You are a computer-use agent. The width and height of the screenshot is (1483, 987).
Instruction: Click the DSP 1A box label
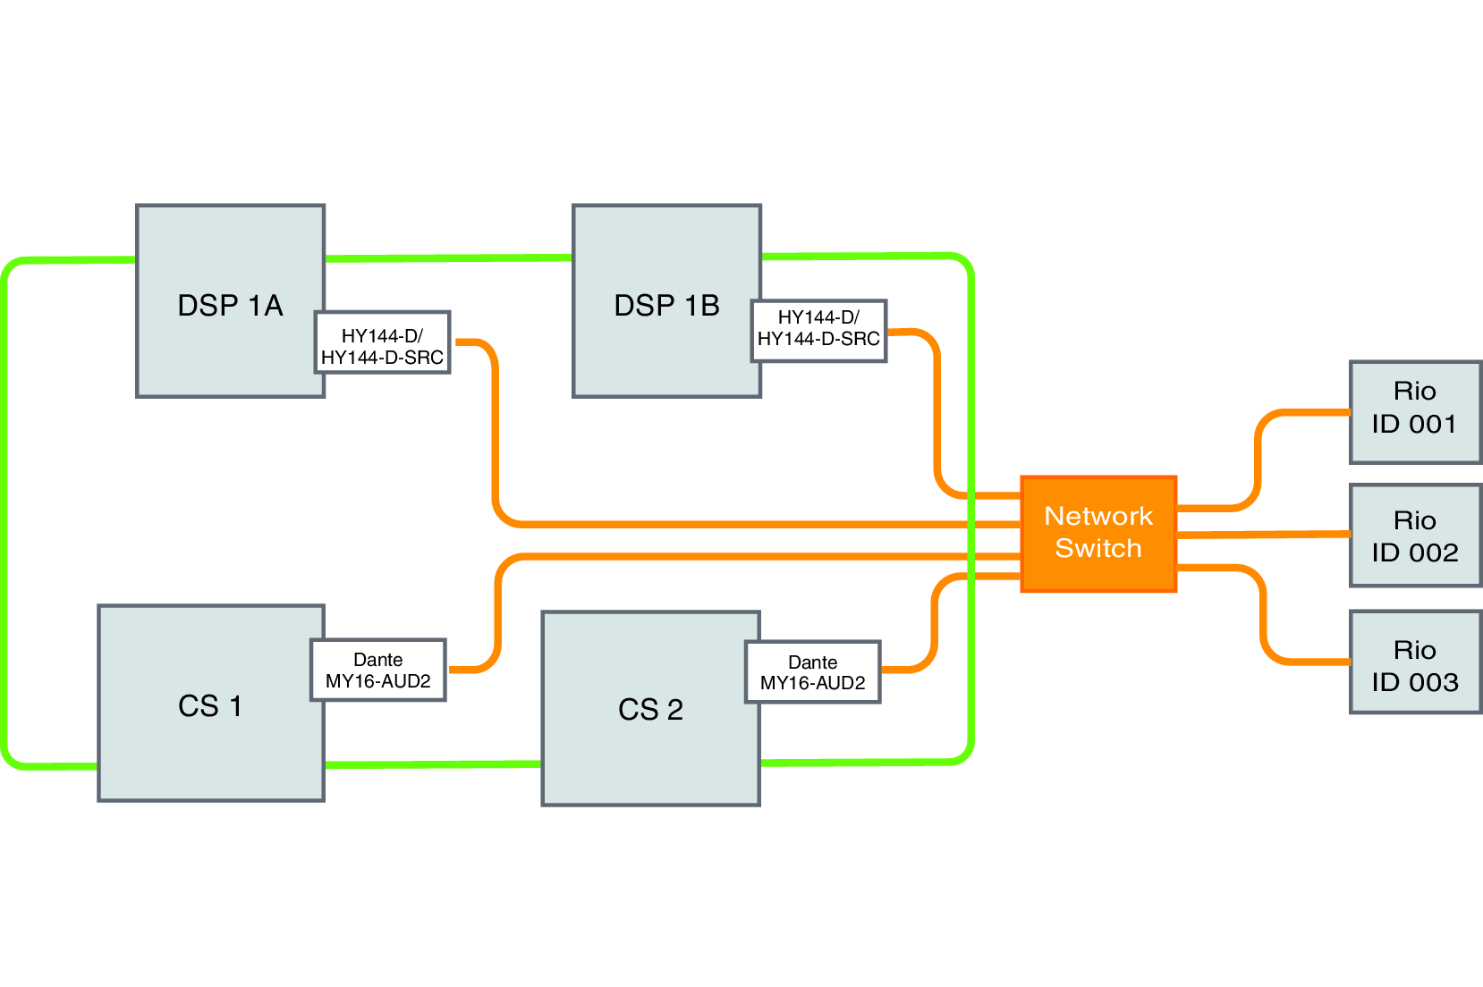pyautogui.click(x=230, y=306)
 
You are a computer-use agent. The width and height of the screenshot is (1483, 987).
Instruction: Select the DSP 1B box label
pyautogui.click(x=666, y=306)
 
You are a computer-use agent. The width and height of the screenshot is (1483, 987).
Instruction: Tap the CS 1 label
pyautogui.click(x=210, y=706)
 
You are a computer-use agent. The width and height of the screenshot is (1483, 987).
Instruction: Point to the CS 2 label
pyautogui.click(x=650, y=710)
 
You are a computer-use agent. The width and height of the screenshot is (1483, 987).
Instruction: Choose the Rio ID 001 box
pyautogui.click(x=1415, y=411)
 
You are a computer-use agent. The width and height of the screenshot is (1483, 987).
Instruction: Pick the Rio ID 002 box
pyautogui.click(x=1415, y=536)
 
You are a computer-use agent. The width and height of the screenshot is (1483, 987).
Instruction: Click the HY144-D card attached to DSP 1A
pyautogui.click(x=382, y=346)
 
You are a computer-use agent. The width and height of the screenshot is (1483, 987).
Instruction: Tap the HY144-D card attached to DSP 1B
pyautogui.click(x=818, y=328)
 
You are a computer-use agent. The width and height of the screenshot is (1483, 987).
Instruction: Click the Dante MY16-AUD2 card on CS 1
pyautogui.click(x=378, y=671)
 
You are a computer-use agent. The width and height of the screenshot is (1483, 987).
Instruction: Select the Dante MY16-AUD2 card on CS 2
pyautogui.click(x=812, y=672)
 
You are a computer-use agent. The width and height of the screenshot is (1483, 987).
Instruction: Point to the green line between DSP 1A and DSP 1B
pyautogui.click(x=447, y=258)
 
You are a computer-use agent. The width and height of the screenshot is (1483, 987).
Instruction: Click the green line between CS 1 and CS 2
pyautogui.click(x=432, y=764)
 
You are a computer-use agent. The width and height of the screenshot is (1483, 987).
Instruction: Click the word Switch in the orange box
pyautogui.click(x=1098, y=548)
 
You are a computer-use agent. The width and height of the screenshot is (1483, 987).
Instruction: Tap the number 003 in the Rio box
pyautogui.click(x=1434, y=682)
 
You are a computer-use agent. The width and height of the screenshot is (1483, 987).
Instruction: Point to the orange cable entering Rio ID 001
pyautogui.click(x=1306, y=413)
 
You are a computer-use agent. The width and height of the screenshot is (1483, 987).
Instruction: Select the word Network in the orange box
pyautogui.click(x=1098, y=516)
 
